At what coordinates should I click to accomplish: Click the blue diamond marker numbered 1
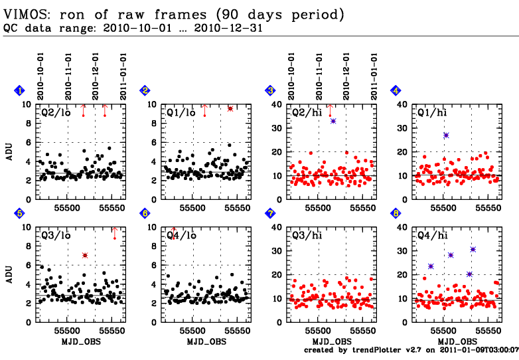point(20,91)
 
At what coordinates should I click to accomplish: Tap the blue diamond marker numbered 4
point(396,91)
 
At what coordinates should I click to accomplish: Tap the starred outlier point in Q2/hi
point(333,121)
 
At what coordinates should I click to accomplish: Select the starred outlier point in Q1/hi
point(446,135)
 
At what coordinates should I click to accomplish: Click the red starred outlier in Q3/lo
point(85,256)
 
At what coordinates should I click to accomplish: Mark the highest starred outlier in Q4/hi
point(473,250)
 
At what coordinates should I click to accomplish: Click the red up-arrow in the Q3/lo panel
point(115,232)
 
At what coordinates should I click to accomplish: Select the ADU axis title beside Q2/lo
point(11,152)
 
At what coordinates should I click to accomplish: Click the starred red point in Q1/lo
point(230,108)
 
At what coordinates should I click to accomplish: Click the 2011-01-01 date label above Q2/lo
point(123,76)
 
